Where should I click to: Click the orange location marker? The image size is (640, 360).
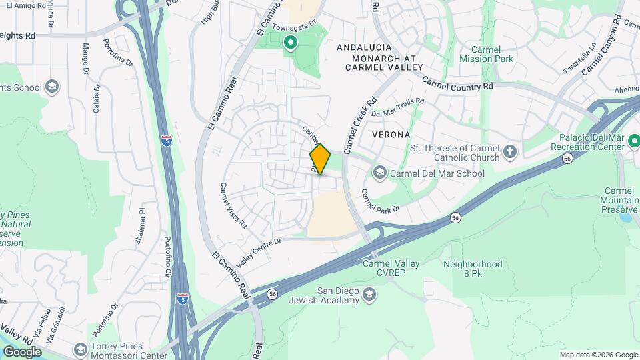click(x=320, y=159)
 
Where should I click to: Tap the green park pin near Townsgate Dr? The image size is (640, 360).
click(x=291, y=44)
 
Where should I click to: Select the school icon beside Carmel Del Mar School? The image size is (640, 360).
click(x=380, y=173)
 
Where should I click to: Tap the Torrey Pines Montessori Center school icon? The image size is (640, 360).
click(x=81, y=350)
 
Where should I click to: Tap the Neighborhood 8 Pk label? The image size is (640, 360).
click(x=473, y=269)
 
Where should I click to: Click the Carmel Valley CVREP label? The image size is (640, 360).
click(x=391, y=268)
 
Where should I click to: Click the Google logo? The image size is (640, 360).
click(x=22, y=351)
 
